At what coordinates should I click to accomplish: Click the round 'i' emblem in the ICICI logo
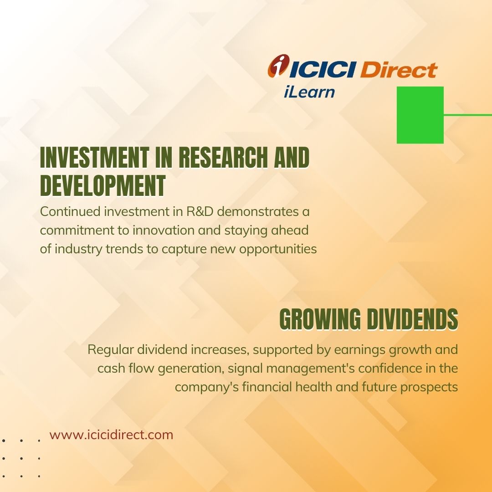click(278, 65)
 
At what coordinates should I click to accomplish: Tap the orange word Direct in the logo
click(399, 69)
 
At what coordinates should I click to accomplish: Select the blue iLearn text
click(309, 92)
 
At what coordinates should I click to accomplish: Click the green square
click(420, 115)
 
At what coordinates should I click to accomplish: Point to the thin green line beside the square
click(468, 115)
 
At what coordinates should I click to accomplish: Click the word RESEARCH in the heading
click(223, 158)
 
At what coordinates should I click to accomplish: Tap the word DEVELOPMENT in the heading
click(103, 185)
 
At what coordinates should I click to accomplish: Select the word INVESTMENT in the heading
click(94, 158)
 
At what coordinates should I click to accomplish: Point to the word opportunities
click(278, 250)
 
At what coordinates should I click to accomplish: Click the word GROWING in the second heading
click(320, 319)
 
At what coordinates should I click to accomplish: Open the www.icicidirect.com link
click(111, 435)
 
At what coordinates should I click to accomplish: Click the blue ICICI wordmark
click(323, 69)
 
